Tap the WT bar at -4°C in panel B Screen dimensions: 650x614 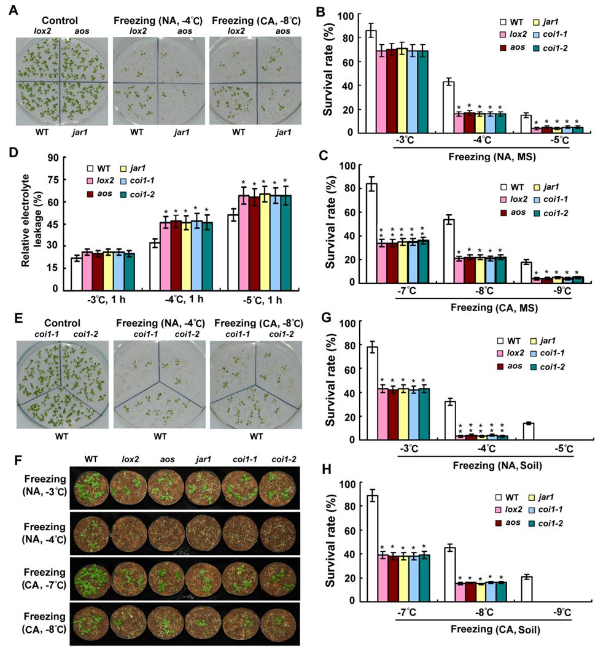(448, 107)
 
